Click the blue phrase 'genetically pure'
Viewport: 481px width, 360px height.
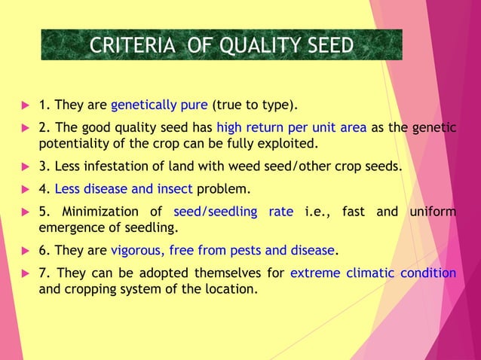(x=159, y=104)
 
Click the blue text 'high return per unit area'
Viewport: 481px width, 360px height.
(x=291, y=128)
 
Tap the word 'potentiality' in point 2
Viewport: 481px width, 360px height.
(x=72, y=143)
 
